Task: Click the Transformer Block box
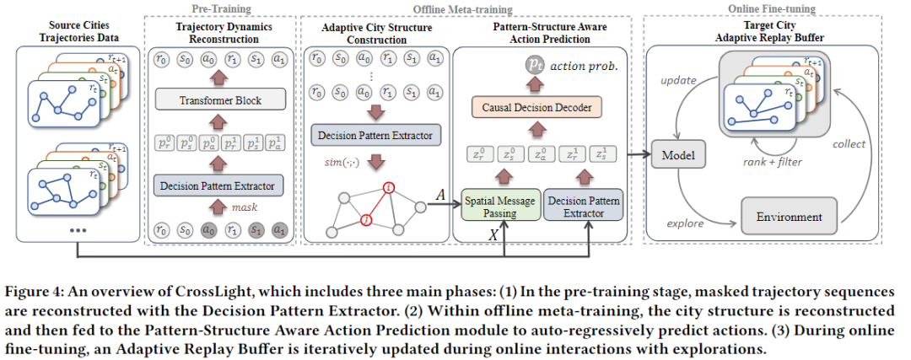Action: [x=220, y=99]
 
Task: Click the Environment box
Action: [x=789, y=218]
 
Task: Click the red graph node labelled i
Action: [x=389, y=187]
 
